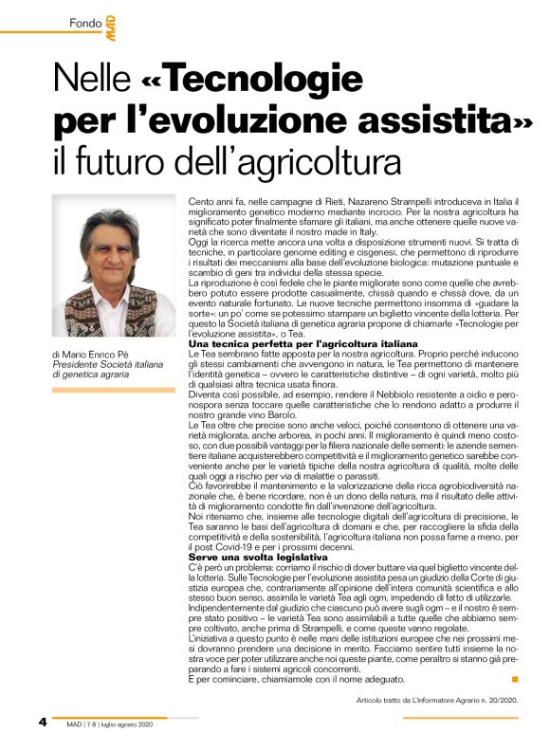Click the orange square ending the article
click(514, 678)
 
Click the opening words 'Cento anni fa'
click(214, 203)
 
